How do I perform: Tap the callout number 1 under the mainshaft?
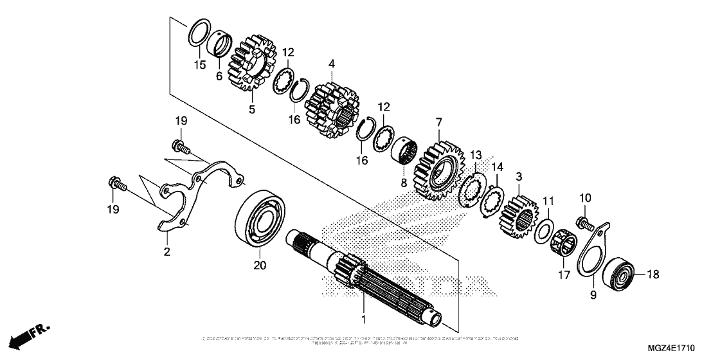click(x=363, y=319)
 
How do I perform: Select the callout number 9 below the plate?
click(x=593, y=295)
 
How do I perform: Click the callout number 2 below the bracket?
click(x=166, y=252)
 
